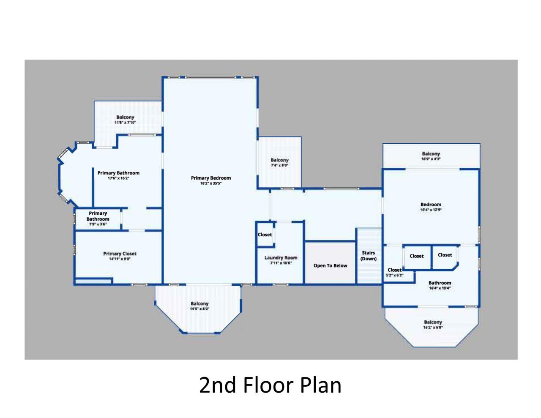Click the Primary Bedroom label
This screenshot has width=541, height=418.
[x=211, y=178]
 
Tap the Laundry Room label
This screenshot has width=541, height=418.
[x=281, y=257]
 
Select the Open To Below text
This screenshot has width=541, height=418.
[x=330, y=265]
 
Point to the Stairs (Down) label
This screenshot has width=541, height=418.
[x=368, y=256]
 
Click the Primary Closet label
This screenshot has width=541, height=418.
[x=120, y=254]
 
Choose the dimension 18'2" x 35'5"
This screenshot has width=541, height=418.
[x=211, y=183]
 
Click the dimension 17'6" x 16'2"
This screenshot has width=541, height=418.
[x=118, y=178]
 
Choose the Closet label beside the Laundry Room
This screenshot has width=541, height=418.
[x=265, y=235]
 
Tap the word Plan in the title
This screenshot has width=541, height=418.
[x=321, y=385]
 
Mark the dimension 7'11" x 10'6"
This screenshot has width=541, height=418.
[x=281, y=263]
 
